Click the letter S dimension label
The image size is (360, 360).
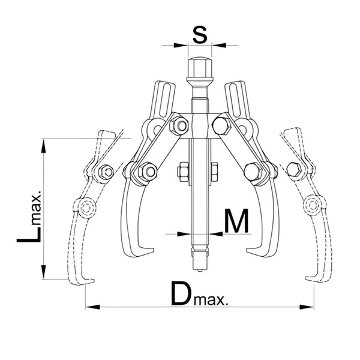[200, 34]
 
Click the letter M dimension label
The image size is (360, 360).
[236, 221]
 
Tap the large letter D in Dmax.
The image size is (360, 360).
[182, 293]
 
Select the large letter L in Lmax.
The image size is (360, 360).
[29, 234]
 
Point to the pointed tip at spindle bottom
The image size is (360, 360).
[200, 270]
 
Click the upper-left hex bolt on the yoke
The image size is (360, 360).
[179, 126]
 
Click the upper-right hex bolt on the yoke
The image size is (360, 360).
[221, 126]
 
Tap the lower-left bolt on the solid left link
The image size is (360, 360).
[148, 171]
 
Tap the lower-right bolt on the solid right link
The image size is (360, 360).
[253, 171]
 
